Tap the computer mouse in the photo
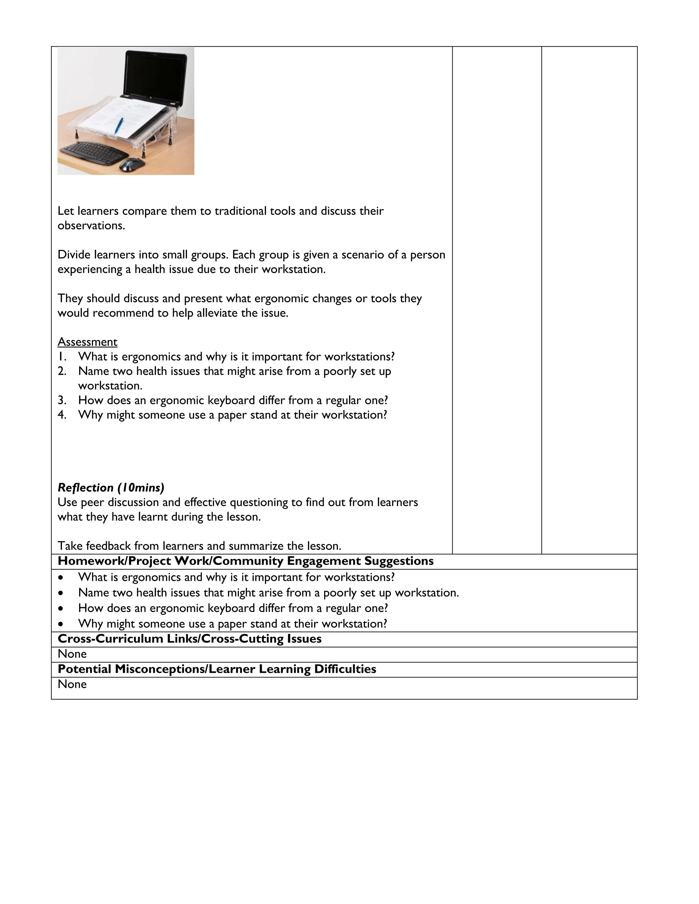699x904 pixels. coord(132,164)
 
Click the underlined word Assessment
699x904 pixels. coord(87,342)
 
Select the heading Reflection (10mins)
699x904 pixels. coord(111,487)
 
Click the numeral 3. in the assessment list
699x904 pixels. coord(62,400)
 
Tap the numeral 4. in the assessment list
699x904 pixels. coord(62,415)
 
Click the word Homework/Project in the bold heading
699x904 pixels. coord(114,561)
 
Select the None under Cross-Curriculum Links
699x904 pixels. coord(72,654)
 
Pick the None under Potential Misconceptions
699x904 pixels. coord(72,684)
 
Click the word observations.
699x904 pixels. coord(91,225)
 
